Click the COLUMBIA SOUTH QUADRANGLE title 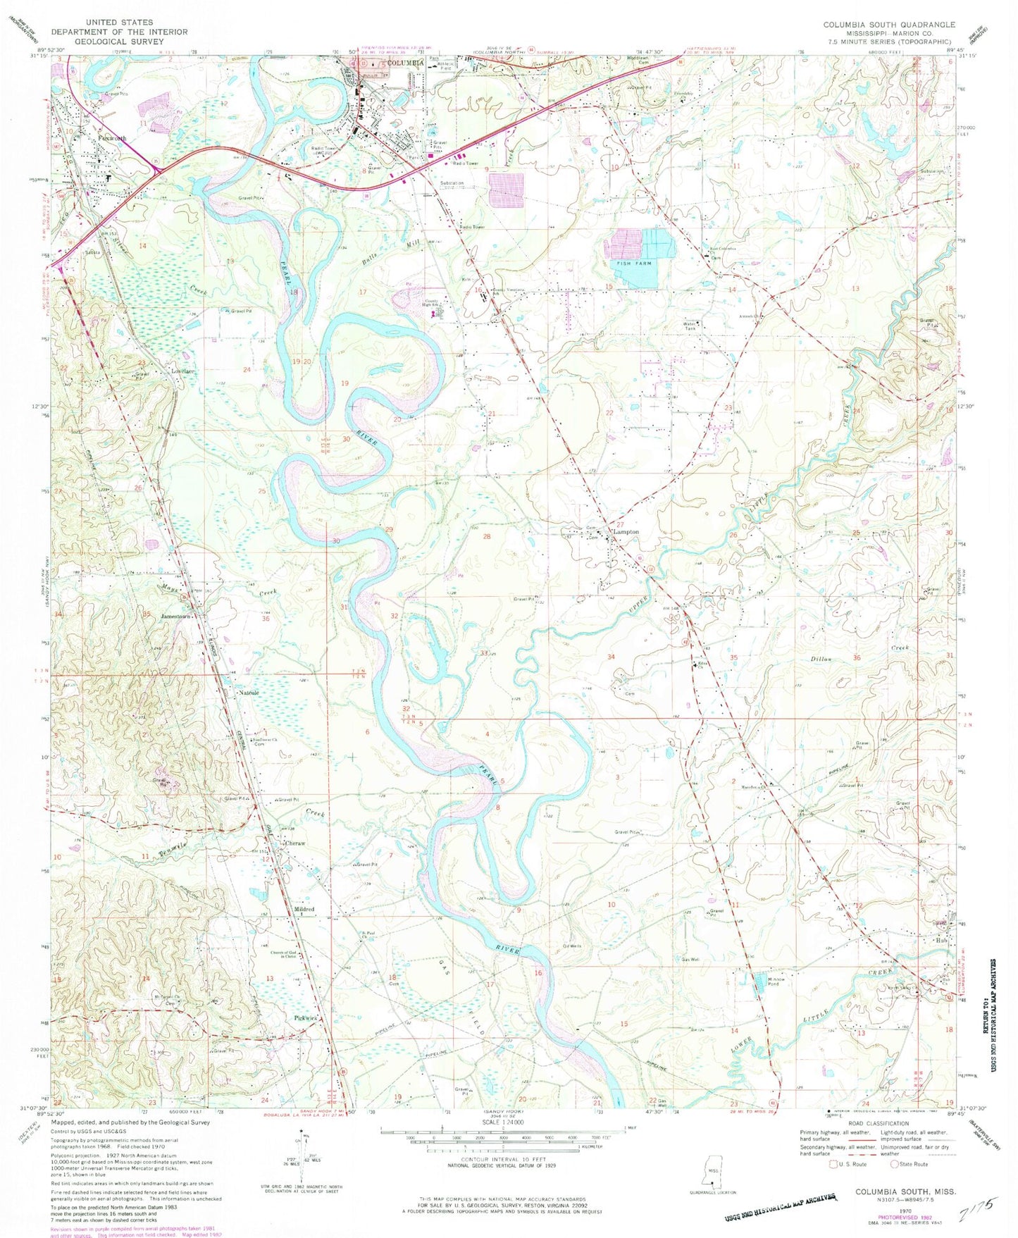click(889, 25)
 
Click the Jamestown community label click(176, 617)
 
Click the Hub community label click(942, 940)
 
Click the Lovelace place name click(182, 371)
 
